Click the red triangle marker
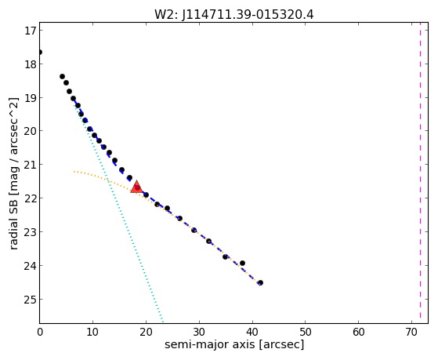pyautogui.click(x=136, y=187)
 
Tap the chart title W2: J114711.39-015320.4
pyautogui.click(x=234, y=15)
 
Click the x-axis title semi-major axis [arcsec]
pyautogui.click(x=234, y=344)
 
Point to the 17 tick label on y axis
pyautogui.click(x=31, y=31)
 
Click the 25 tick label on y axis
pyautogui.click(x=31, y=300)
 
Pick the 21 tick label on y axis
pyautogui.click(x=31, y=165)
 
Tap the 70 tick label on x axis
pyautogui.click(x=411, y=333)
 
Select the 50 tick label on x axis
pyautogui.click(x=306, y=333)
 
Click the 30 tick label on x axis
pyautogui.click(x=199, y=333)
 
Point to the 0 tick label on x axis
pyautogui.click(x=40, y=333)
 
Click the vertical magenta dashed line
pyautogui.click(x=420, y=173)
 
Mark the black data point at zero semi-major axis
pyautogui.click(x=40, y=53)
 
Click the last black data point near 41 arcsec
pyautogui.click(x=260, y=283)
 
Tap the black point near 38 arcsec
pyautogui.click(x=242, y=264)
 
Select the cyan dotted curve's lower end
pyautogui.click(x=163, y=322)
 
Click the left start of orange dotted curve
pyautogui.click(x=74, y=171)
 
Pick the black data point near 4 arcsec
pyautogui.click(x=62, y=77)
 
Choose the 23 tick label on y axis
pyautogui.click(x=31, y=232)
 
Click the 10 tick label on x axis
pyautogui.click(x=92, y=333)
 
